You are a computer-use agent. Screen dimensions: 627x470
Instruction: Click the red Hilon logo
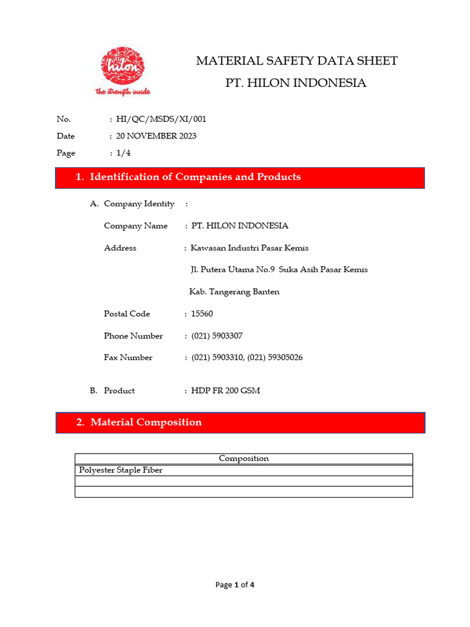tap(123, 66)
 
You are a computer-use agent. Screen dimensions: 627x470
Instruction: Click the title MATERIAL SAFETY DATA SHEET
tap(296, 61)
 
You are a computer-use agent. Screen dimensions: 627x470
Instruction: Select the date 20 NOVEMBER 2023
tap(156, 136)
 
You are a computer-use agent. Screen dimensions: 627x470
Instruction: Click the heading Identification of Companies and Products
tap(195, 177)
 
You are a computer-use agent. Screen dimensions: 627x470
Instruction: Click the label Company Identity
tap(139, 204)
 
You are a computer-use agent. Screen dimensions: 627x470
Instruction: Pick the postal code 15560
tap(202, 313)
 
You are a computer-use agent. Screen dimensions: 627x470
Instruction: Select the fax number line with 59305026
tap(247, 358)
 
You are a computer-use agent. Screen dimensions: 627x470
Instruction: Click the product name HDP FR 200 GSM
tap(225, 391)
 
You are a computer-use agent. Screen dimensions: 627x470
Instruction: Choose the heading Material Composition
tap(146, 422)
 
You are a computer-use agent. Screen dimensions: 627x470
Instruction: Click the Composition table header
tap(244, 459)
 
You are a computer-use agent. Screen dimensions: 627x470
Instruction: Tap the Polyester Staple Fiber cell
tap(121, 470)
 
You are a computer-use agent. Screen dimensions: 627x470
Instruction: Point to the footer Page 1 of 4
tap(234, 585)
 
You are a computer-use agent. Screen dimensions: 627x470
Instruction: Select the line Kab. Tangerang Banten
tap(234, 292)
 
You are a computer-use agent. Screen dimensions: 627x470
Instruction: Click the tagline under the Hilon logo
tap(122, 92)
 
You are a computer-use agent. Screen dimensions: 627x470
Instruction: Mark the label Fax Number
tap(128, 358)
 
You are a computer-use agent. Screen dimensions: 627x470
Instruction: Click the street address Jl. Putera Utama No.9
tap(233, 270)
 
